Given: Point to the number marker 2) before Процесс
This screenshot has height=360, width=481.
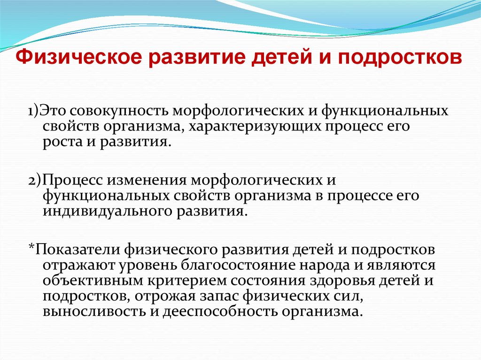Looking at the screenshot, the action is tap(34, 180).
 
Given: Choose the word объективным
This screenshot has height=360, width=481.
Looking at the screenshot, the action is tap(93, 281).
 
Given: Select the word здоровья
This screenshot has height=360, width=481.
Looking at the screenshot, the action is tap(342, 281).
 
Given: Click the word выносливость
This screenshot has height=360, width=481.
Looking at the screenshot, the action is tap(94, 312).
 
